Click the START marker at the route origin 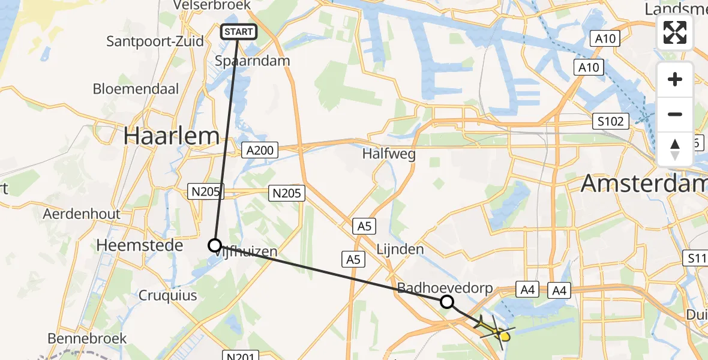point(239,32)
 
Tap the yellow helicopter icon point(496,329)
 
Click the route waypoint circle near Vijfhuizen point(215,245)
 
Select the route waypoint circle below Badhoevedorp point(446,301)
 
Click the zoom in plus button point(675,79)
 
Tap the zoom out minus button point(675,114)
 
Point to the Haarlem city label point(172,136)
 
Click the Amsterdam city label point(643,183)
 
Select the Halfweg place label point(389,154)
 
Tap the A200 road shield point(260,150)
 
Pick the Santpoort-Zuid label point(154,41)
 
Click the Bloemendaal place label point(136,89)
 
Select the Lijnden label point(400,249)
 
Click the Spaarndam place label point(260,61)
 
